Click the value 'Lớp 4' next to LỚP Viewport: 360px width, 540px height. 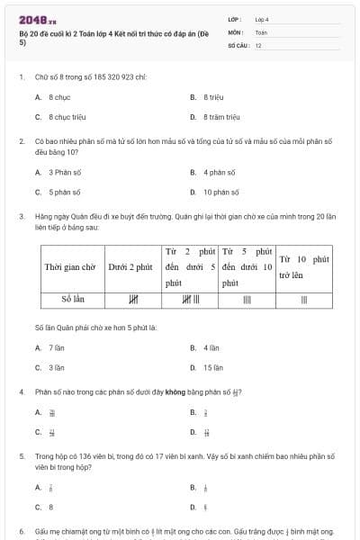[x=262, y=19]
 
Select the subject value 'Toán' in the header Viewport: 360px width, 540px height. [x=262, y=31]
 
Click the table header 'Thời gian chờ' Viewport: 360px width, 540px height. [x=69, y=267]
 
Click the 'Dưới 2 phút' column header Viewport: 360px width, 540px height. [x=130, y=267]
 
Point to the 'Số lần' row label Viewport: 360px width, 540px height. [x=69, y=300]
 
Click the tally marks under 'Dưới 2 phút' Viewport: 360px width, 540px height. [x=133, y=300]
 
